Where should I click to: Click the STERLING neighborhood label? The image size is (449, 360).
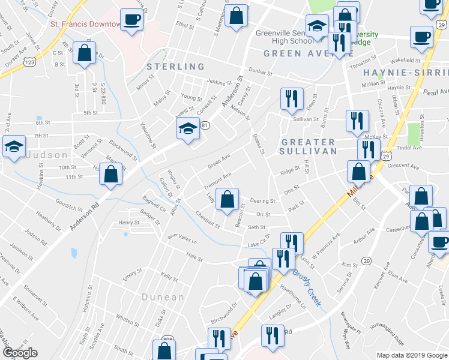pos(176,67)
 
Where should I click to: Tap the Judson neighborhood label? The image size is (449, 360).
pos(47,155)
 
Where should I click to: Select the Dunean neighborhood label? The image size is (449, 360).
pos(163,297)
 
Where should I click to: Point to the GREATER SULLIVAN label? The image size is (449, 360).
pos(308,147)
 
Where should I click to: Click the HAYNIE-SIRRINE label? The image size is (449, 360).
pos(406,72)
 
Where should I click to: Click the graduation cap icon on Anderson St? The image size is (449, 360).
pos(188,128)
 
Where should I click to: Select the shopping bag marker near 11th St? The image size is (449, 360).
pos(110,175)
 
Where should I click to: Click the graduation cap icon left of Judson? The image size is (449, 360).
pos(13,146)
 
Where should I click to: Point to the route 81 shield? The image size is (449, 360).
pos(205,125)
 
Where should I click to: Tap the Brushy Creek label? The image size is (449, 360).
pos(303,284)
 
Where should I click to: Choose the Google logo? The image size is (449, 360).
pos(20,353)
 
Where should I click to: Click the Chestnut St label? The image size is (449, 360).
pos(208,220)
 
